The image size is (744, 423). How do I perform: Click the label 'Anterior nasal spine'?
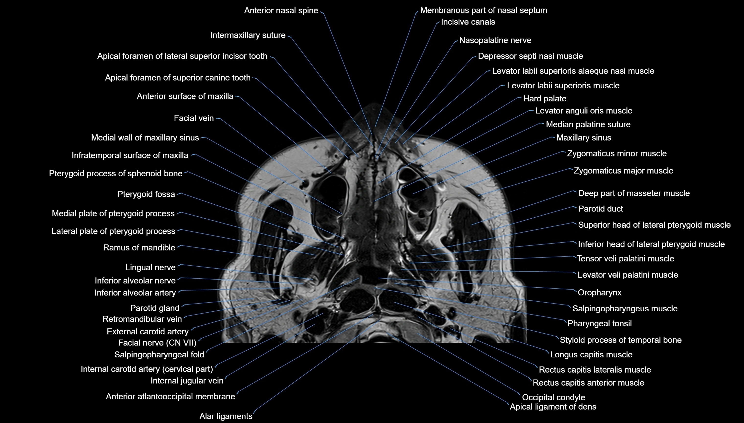tap(281, 11)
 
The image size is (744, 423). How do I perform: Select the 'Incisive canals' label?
tap(468, 22)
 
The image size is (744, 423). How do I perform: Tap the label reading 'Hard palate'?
tap(545, 98)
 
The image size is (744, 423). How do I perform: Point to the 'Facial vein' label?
tap(194, 118)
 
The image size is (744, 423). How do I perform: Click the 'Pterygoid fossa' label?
tap(146, 194)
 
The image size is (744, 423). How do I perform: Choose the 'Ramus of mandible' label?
tap(139, 247)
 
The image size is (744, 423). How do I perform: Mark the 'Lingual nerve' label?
tap(150, 267)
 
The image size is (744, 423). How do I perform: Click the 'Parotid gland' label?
tap(155, 308)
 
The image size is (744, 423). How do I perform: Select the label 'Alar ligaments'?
tap(226, 416)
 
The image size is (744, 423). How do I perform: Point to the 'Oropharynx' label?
tap(599, 292)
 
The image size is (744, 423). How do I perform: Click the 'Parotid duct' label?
tap(600, 209)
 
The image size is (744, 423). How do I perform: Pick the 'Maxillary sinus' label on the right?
tap(584, 137)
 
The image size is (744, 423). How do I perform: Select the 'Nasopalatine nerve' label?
tap(495, 40)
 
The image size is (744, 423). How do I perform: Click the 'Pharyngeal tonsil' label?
tap(599, 323)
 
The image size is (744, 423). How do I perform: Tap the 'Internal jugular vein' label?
tap(187, 381)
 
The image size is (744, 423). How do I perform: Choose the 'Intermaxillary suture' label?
tap(248, 35)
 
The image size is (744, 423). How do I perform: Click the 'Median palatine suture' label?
tap(588, 124)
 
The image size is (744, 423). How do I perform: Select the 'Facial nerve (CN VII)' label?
tap(157, 343)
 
